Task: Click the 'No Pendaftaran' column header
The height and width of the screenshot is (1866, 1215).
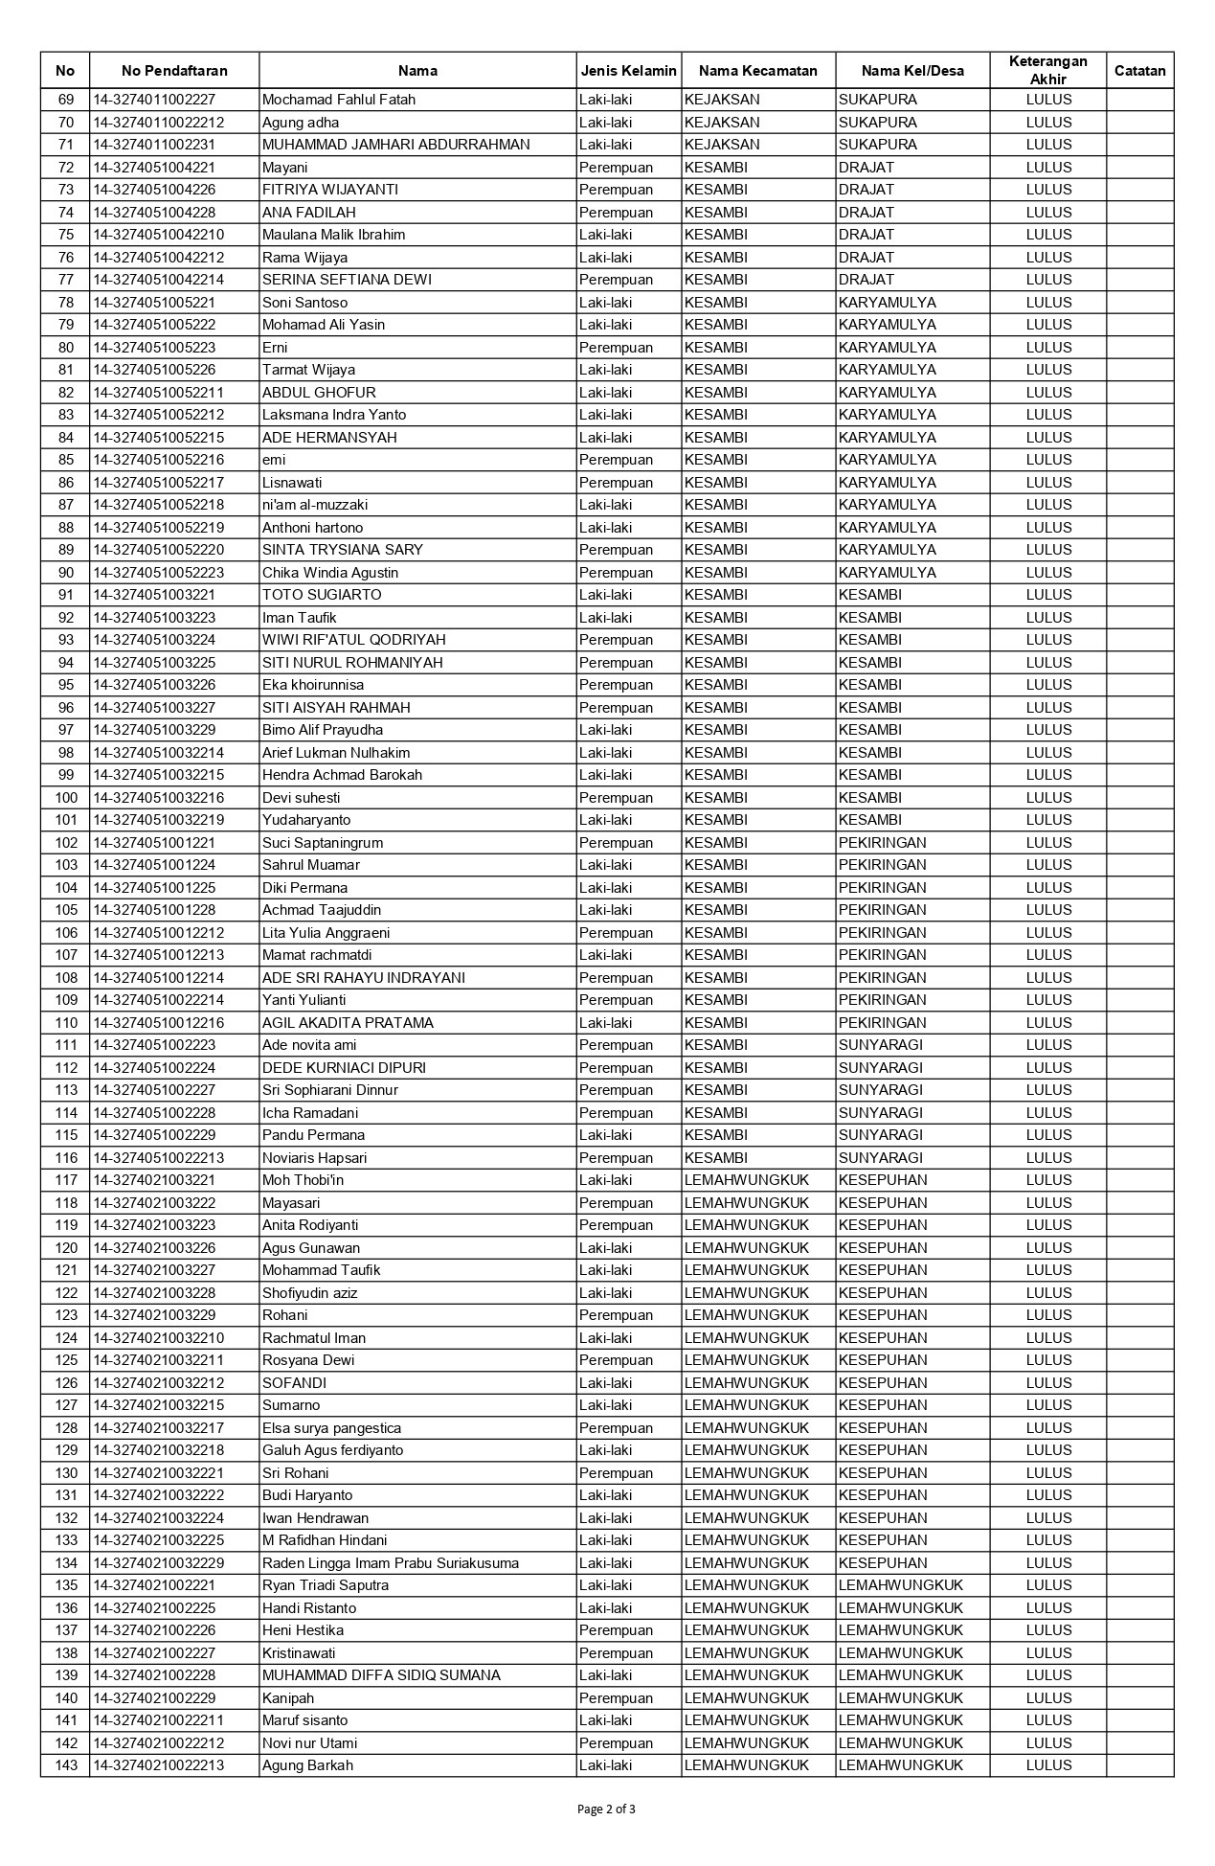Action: pyautogui.click(x=174, y=70)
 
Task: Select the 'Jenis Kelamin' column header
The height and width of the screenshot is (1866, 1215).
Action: pyautogui.click(x=628, y=70)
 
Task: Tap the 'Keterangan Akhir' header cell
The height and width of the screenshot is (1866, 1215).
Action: pyautogui.click(x=1047, y=70)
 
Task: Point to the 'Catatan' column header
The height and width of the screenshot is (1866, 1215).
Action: pyautogui.click(x=1139, y=70)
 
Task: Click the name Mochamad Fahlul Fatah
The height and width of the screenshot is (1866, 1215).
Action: pyautogui.click(x=338, y=100)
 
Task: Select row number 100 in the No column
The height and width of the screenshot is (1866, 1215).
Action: pyautogui.click(x=65, y=798)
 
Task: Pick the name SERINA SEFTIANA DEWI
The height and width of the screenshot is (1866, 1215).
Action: pyautogui.click(x=347, y=280)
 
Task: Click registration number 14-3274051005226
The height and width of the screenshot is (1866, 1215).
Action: pyautogui.click(x=154, y=370)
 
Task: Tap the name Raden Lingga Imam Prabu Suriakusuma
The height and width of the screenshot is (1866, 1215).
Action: pyautogui.click(x=390, y=1563)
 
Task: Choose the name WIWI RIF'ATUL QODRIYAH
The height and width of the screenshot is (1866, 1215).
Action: pyautogui.click(x=353, y=640)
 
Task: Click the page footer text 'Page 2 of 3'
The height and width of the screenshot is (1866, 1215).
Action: pyautogui.click(x=607, y=1809)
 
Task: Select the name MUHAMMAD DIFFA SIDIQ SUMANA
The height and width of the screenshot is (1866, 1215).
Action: pyautogui.click(x=381, y=1675)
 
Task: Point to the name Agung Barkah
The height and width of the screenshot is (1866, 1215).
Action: pyautogui.click(x=307, y=1765)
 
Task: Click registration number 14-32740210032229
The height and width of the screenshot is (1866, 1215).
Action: pyautogui.click(x=158, y=1563)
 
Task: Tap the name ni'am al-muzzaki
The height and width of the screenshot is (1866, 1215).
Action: pyautogui.click(x=315, y=505)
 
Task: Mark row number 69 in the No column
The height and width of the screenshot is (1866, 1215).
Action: pyautogui.click(x=65, y=100)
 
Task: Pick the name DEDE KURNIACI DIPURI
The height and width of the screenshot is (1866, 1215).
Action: pyautogui.click(x=344, y=1068)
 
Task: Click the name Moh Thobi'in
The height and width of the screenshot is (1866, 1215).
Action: pyautogui.click(x=303, y=1180)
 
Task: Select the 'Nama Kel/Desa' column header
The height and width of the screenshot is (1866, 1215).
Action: pyautogui.click(x=911, y=70)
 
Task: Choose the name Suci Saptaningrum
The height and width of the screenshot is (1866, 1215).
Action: pyautogui.click(x=323, y=843)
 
